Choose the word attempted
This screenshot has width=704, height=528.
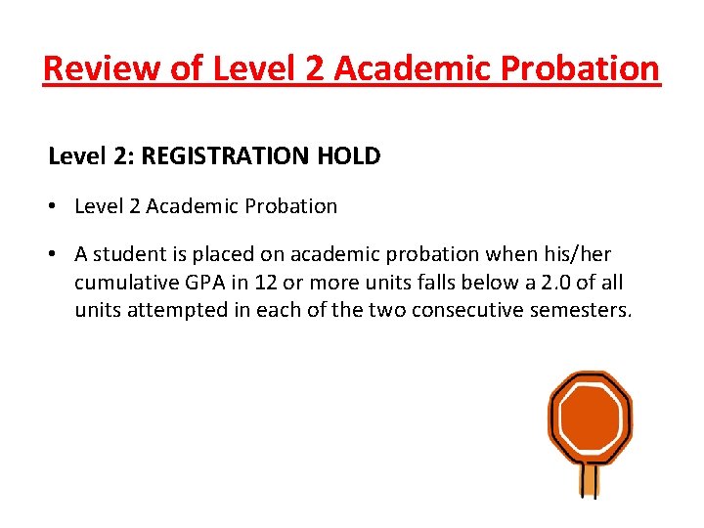tap(175, 311)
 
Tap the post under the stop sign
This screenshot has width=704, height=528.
tap(589, 480)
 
